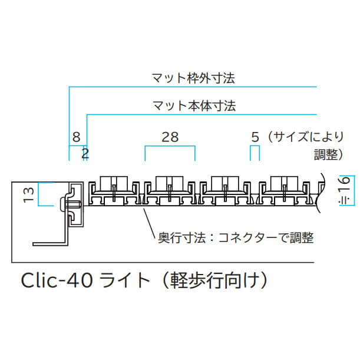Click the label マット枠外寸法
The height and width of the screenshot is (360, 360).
click(193, 78)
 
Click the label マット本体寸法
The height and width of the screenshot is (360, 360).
click(194, 106)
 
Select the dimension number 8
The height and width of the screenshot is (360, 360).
click(76, 137)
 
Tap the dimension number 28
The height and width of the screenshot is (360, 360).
click(170, 137)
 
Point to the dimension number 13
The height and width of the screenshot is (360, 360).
click(29, 195)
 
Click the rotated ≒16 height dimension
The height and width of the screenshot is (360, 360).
click(345, 190)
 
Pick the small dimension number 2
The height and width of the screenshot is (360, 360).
click(85, 154)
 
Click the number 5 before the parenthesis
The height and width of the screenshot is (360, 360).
click(255, 137)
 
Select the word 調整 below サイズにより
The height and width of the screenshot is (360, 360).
click(326, 154)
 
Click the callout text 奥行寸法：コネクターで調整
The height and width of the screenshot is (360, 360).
click(236, 237)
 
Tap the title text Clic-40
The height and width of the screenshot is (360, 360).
click(57, 280)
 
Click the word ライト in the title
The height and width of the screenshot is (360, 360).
click(124, 280)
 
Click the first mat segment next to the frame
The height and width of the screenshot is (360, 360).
click(114, 190)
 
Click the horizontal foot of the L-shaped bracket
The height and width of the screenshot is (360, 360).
click(49, 244)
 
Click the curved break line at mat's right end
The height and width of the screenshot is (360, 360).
click(321, 193)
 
